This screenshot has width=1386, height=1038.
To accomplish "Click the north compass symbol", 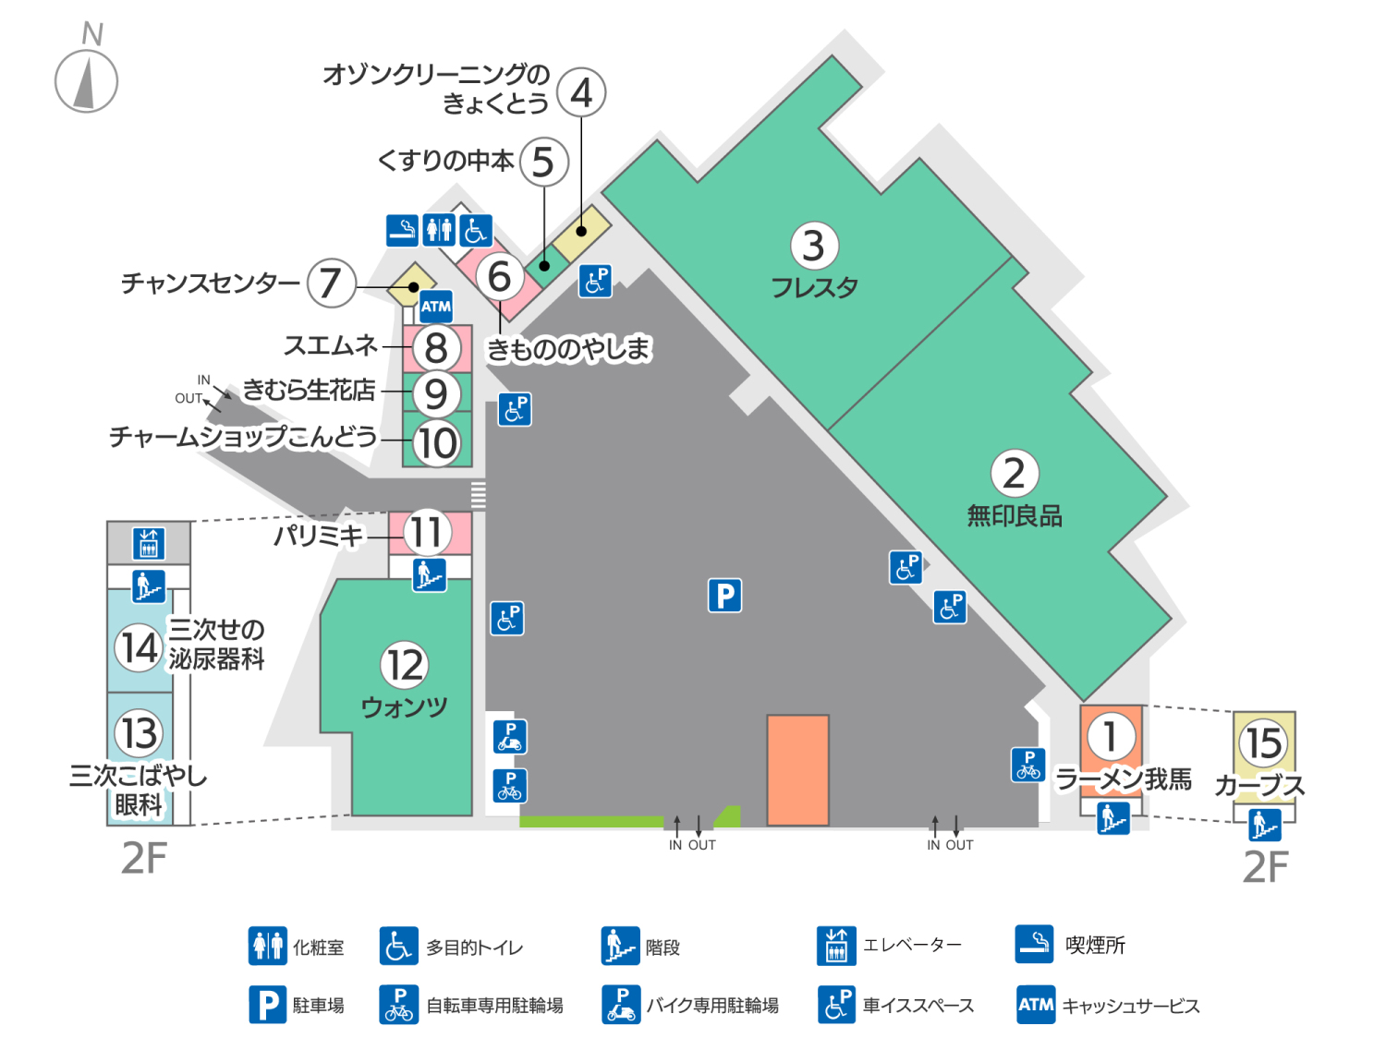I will pos(86,80).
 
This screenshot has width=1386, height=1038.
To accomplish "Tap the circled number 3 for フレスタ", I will pos(814,246).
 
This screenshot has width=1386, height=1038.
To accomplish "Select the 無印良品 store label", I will pos(1015,516).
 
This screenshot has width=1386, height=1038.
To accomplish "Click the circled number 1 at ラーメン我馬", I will pos(1111,736).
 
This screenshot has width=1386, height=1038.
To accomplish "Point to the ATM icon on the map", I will pos(435,307).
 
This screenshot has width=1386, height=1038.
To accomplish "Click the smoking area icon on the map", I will pos(402,230).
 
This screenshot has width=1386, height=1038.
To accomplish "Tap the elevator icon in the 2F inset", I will pos(148,543).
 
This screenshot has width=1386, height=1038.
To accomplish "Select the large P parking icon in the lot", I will pos(725,596).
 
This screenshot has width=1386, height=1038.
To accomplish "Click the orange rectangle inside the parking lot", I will pos(797,769).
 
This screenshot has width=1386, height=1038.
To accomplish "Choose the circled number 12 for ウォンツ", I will pos(405,665).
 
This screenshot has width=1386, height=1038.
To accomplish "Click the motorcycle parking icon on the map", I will pos(509,737).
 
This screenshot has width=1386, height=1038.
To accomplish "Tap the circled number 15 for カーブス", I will pos(1263,742).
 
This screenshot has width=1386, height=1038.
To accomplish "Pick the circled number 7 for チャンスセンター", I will pos(331,283).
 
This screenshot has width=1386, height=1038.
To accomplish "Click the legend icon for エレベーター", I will pos(836,946).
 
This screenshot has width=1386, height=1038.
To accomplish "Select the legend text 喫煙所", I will pos(1095,945).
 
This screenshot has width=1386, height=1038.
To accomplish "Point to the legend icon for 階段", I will pos(619,946).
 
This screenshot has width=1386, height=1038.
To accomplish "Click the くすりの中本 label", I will pos(445,161).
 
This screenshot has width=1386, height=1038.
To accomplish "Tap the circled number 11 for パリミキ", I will pos(427,533).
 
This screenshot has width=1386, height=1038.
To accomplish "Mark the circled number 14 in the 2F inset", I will pos(139,647).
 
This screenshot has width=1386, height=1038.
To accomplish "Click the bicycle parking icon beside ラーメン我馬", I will pos(1028,766).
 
